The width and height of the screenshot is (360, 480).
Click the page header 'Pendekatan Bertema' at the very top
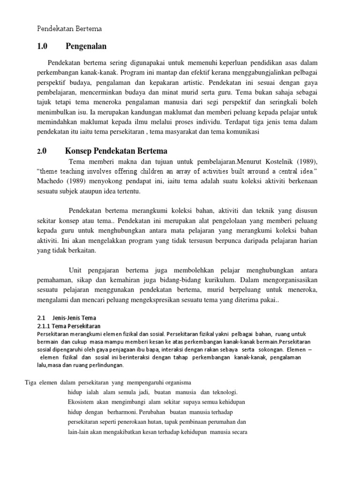[69, 29]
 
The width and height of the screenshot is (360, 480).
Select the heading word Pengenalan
[86, 46]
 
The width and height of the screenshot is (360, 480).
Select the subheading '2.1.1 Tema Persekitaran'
[68, 326]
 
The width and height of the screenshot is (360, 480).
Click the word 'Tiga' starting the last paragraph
[31, 382]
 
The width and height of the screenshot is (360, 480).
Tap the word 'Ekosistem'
[80, 402]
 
